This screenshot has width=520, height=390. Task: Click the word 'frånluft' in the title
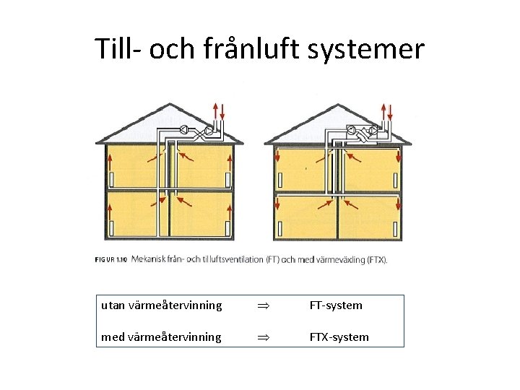pyautogui.click(x=233, y=49)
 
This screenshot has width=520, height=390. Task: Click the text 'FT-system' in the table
pyautogui.click(x=336, y=305)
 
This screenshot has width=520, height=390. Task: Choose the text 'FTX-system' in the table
pyautogui.click(x=339, y=337)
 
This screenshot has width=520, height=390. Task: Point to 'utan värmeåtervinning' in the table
pyautogui.click(x=162, y=305)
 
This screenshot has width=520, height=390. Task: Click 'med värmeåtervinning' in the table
pyautogui.click(x=162, y=337)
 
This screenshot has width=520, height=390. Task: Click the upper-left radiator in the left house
pyautogui.click(x=112, y=178)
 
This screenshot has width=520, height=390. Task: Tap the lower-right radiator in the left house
pyautogui.click(x=228, y=229)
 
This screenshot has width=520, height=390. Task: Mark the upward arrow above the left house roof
pyautogui.click(x=214, y=110)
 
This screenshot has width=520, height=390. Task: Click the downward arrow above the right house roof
pyautogui.click(x=390, y=112)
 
